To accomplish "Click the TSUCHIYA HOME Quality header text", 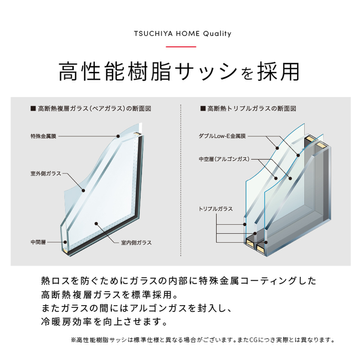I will (x=180, y=34).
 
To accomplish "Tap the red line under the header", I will (x=180, y=46).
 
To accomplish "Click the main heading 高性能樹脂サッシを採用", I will (x=180, y=71).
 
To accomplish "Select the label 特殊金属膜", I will (x=44, y=136).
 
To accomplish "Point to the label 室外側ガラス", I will (x=45, y=173).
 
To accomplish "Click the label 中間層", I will (x=38, y=242).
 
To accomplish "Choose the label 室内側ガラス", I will (x=136, y=243).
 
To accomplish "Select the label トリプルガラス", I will (x=216, y=209).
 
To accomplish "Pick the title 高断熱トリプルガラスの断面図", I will (x=252, y=108).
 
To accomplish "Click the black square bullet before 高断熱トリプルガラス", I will (x=203, y=108).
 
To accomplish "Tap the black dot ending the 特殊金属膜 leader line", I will (x=118, y=135).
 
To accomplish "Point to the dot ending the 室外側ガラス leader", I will (x=83, y=190).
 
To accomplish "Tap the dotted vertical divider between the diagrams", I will (x=180, y=180).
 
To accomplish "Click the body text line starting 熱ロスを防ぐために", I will (x=178, y=281).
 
